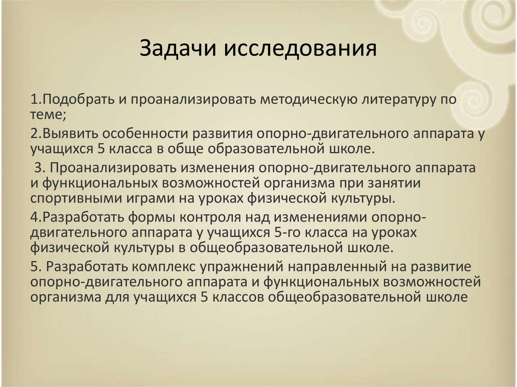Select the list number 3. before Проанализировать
(x=40, y=168)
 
